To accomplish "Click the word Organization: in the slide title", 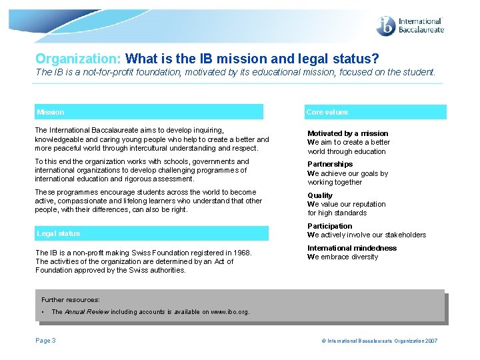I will coord(79,59).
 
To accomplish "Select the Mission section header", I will coord(51,112).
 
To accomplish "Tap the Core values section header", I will coord(327,112).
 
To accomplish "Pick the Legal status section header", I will coord(59,233).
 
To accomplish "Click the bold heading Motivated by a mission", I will coord(347,133).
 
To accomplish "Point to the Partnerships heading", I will coord(330,164).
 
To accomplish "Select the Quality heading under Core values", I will coord(320,195).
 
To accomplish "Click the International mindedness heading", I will coord(352,248).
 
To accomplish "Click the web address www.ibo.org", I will coord(230,311).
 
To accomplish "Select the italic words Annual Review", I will coord(87,311).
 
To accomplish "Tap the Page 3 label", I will coord(45,341).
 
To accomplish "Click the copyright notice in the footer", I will coord(380,341).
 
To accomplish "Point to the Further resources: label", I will coord(71,300).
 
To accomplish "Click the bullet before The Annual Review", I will coord(43,311).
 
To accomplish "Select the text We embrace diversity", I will coord(343,257).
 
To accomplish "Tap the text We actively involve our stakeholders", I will coord(367,235).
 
